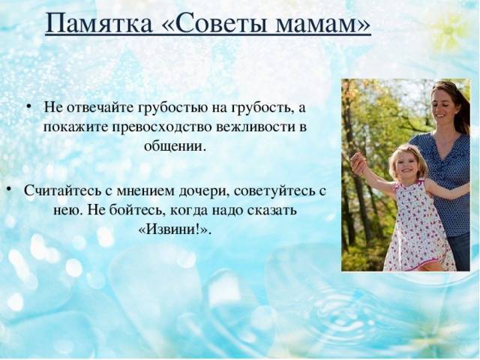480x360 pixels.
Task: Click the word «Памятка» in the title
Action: [98, 23]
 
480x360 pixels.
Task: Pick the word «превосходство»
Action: [162, 127]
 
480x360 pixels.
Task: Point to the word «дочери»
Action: [204, 192]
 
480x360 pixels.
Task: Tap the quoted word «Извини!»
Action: [175, 229]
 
